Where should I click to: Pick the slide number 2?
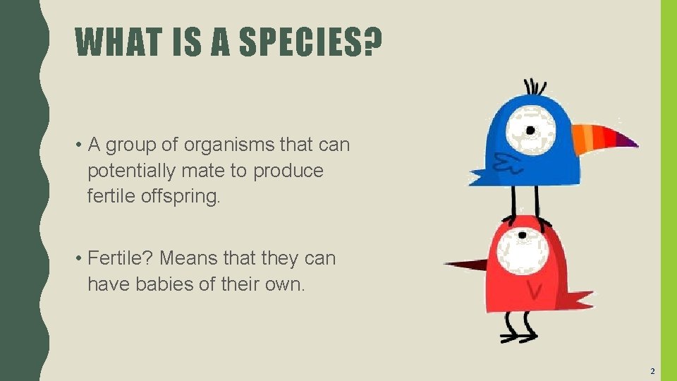pos(652,370)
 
